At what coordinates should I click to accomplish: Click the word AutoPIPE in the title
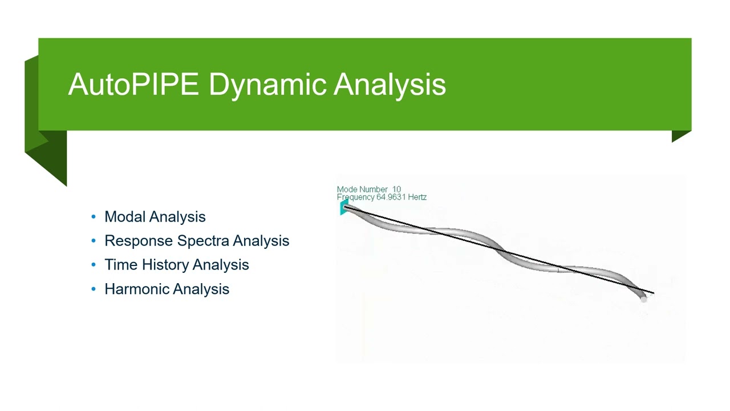(133, 84)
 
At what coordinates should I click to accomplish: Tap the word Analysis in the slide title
(390, 84)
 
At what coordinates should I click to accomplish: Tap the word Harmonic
(136, 289)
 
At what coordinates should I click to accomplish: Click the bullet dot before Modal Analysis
(94, 217)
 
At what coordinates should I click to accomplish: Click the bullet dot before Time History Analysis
(94, 265)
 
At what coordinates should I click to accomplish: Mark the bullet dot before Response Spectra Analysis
(94, 241)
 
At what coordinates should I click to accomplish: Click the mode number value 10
(396, 190)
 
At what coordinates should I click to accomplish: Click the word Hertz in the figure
(417, 198)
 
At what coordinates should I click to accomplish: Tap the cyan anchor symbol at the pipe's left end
(344, 208)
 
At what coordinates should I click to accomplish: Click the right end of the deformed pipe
(643, 297)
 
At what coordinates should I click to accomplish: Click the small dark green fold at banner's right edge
(681, 136)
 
